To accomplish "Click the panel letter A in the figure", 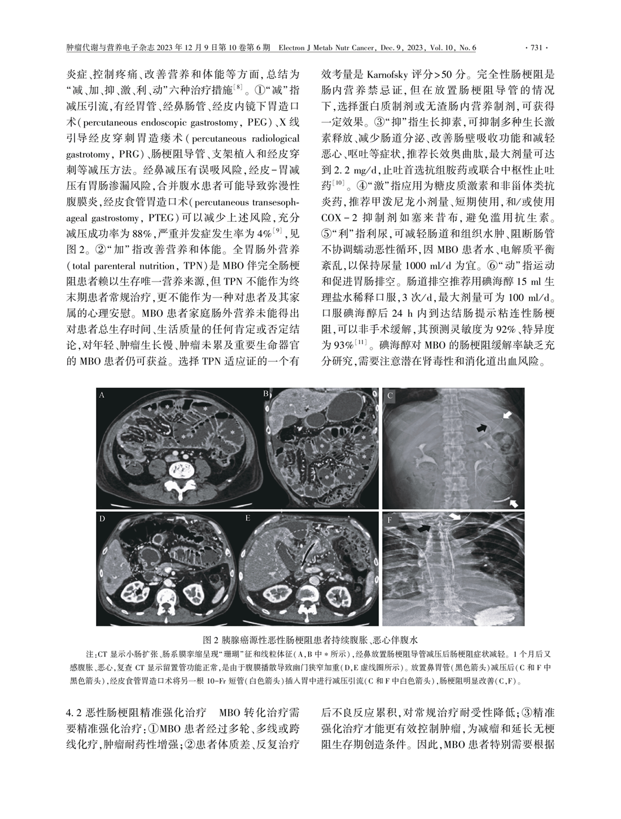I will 102,396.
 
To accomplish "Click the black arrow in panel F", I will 423,528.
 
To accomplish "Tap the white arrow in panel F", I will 454,517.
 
